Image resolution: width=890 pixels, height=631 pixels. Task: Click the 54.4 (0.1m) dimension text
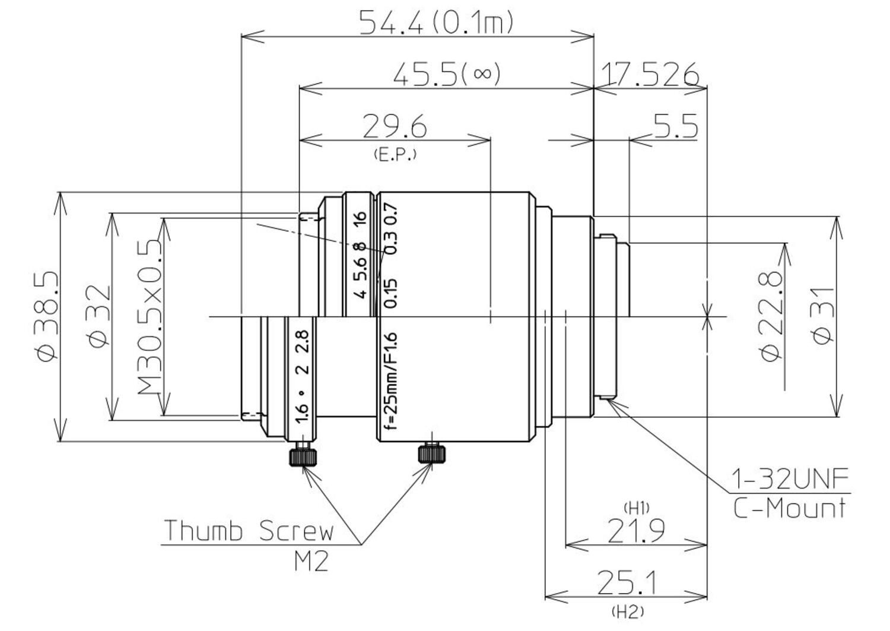[x=436, y=23]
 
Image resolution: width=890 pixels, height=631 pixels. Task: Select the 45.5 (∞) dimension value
[x=447, y=75]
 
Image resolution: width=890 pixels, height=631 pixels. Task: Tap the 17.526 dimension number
[x=650, y=75]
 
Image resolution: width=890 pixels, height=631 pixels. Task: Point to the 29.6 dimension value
[x=395, y=126]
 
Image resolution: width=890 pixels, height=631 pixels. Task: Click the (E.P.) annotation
[x=395, y=154]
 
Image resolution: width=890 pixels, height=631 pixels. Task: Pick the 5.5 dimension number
[x=675, y=126]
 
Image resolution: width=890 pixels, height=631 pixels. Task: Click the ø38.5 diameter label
[x=46, y=316]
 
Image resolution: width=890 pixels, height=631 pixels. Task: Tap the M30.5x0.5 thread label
[x=150, y=318]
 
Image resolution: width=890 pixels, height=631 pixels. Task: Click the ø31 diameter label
[x=824, y=316]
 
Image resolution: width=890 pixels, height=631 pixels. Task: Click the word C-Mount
[x=790, y=508]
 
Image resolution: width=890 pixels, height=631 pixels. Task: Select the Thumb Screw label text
[x=249, y=531]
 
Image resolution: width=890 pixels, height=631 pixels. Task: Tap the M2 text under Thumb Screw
[x=311, y=561]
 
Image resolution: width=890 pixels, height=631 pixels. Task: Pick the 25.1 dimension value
[x=627, y=584]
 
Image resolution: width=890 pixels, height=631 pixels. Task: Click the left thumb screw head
[x=303, y=457]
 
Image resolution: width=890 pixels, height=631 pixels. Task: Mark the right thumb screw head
[x=432, y=454]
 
